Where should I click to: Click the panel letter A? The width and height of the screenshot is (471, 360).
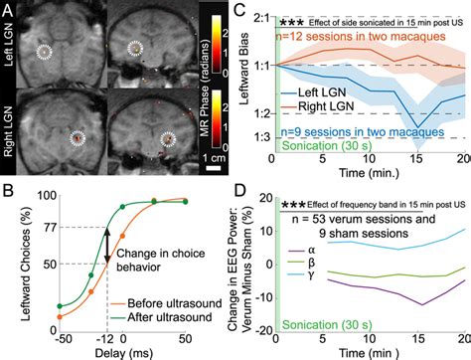(x=9, y=9)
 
